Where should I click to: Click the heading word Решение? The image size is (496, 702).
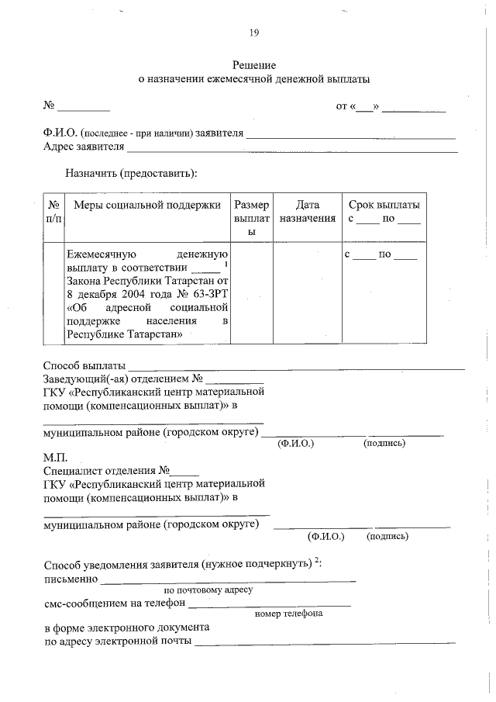254,65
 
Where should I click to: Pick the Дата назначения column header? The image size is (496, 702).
308,212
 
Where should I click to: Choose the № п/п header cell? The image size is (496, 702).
54,212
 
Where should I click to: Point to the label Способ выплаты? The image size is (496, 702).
84,365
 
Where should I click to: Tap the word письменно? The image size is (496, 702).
71,578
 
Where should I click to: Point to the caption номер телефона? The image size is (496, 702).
288,614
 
